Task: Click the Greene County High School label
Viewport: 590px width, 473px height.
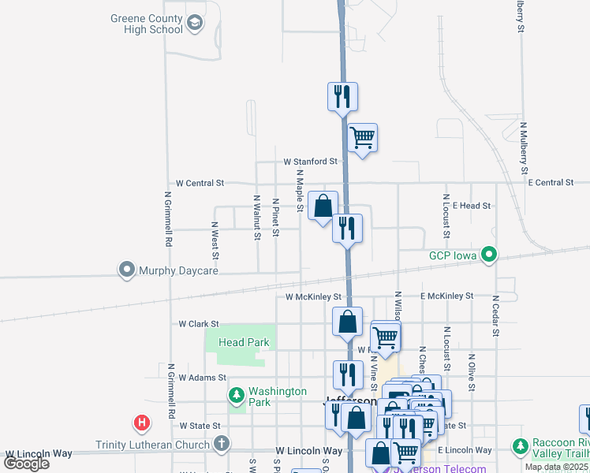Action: [147, 24]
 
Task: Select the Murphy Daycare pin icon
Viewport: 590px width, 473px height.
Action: [126, 270]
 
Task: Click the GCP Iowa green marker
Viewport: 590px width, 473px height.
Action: [489, 255]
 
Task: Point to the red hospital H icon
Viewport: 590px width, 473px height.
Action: [142, 423]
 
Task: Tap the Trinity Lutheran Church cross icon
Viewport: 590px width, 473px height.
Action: [222, 444]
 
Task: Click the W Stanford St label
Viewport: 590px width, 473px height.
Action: [311, 162]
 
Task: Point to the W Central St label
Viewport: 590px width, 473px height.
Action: [200, 183]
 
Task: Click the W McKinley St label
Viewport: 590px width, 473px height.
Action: [313, 297]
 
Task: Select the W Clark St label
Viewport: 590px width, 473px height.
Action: [198, 324]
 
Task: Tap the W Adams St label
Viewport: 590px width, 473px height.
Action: [202, 378]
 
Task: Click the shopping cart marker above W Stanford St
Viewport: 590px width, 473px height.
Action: [362, 138]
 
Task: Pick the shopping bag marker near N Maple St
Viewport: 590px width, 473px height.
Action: [323, 207]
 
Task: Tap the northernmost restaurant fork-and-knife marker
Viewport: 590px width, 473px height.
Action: [342, 96]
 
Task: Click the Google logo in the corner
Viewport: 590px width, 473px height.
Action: [26, 464]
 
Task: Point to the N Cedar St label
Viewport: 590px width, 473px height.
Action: [495, 315]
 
